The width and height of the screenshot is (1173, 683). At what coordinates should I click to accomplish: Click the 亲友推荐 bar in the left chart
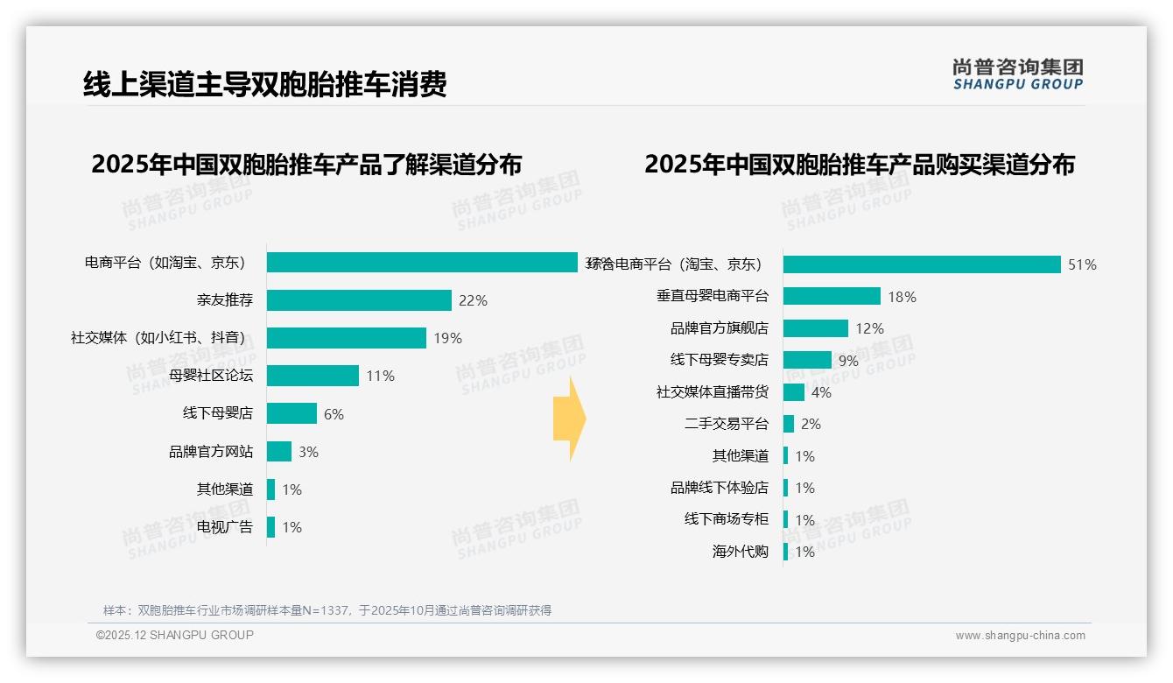(x=359, y=300)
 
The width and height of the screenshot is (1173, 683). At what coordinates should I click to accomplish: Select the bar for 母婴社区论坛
(x=313, y=376)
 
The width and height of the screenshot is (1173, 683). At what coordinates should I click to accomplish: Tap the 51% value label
(x=1082, y=264)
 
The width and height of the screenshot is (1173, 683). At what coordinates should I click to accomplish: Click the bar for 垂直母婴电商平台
(x=832, y=296)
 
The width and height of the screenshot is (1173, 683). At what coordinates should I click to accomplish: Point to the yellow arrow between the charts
(x=569, y=419)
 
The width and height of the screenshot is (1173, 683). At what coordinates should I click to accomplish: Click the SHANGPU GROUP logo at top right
(x=1018, y=74)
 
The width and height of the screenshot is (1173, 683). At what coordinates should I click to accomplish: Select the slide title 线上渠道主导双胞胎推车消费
(x=265, y=84)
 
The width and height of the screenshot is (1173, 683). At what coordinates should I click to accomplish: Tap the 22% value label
(x=473, y=300)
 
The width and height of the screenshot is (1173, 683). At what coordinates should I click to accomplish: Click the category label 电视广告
(x=225, y=526)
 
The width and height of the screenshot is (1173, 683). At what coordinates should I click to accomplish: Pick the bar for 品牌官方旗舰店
(x=816, y=328)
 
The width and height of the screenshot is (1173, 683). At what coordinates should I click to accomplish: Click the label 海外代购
(x=741, y=552)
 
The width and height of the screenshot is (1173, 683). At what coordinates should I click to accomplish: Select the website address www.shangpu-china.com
(x=1020, y=636)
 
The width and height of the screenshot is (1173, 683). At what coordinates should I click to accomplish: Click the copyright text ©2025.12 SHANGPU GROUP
(x=175, y=635)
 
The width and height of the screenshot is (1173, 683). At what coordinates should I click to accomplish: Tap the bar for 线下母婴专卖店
(x=807, y=360)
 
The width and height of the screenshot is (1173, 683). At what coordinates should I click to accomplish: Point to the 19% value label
(x=447, y=338)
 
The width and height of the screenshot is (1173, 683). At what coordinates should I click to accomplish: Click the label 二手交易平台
(x=727, y=424)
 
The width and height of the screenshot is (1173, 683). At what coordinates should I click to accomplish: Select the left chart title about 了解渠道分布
(x=306, y=165)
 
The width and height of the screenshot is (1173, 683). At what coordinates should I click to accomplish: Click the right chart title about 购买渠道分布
(x=860, y=165)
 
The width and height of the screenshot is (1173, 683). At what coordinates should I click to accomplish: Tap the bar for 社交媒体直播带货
(x=794, y=392)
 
